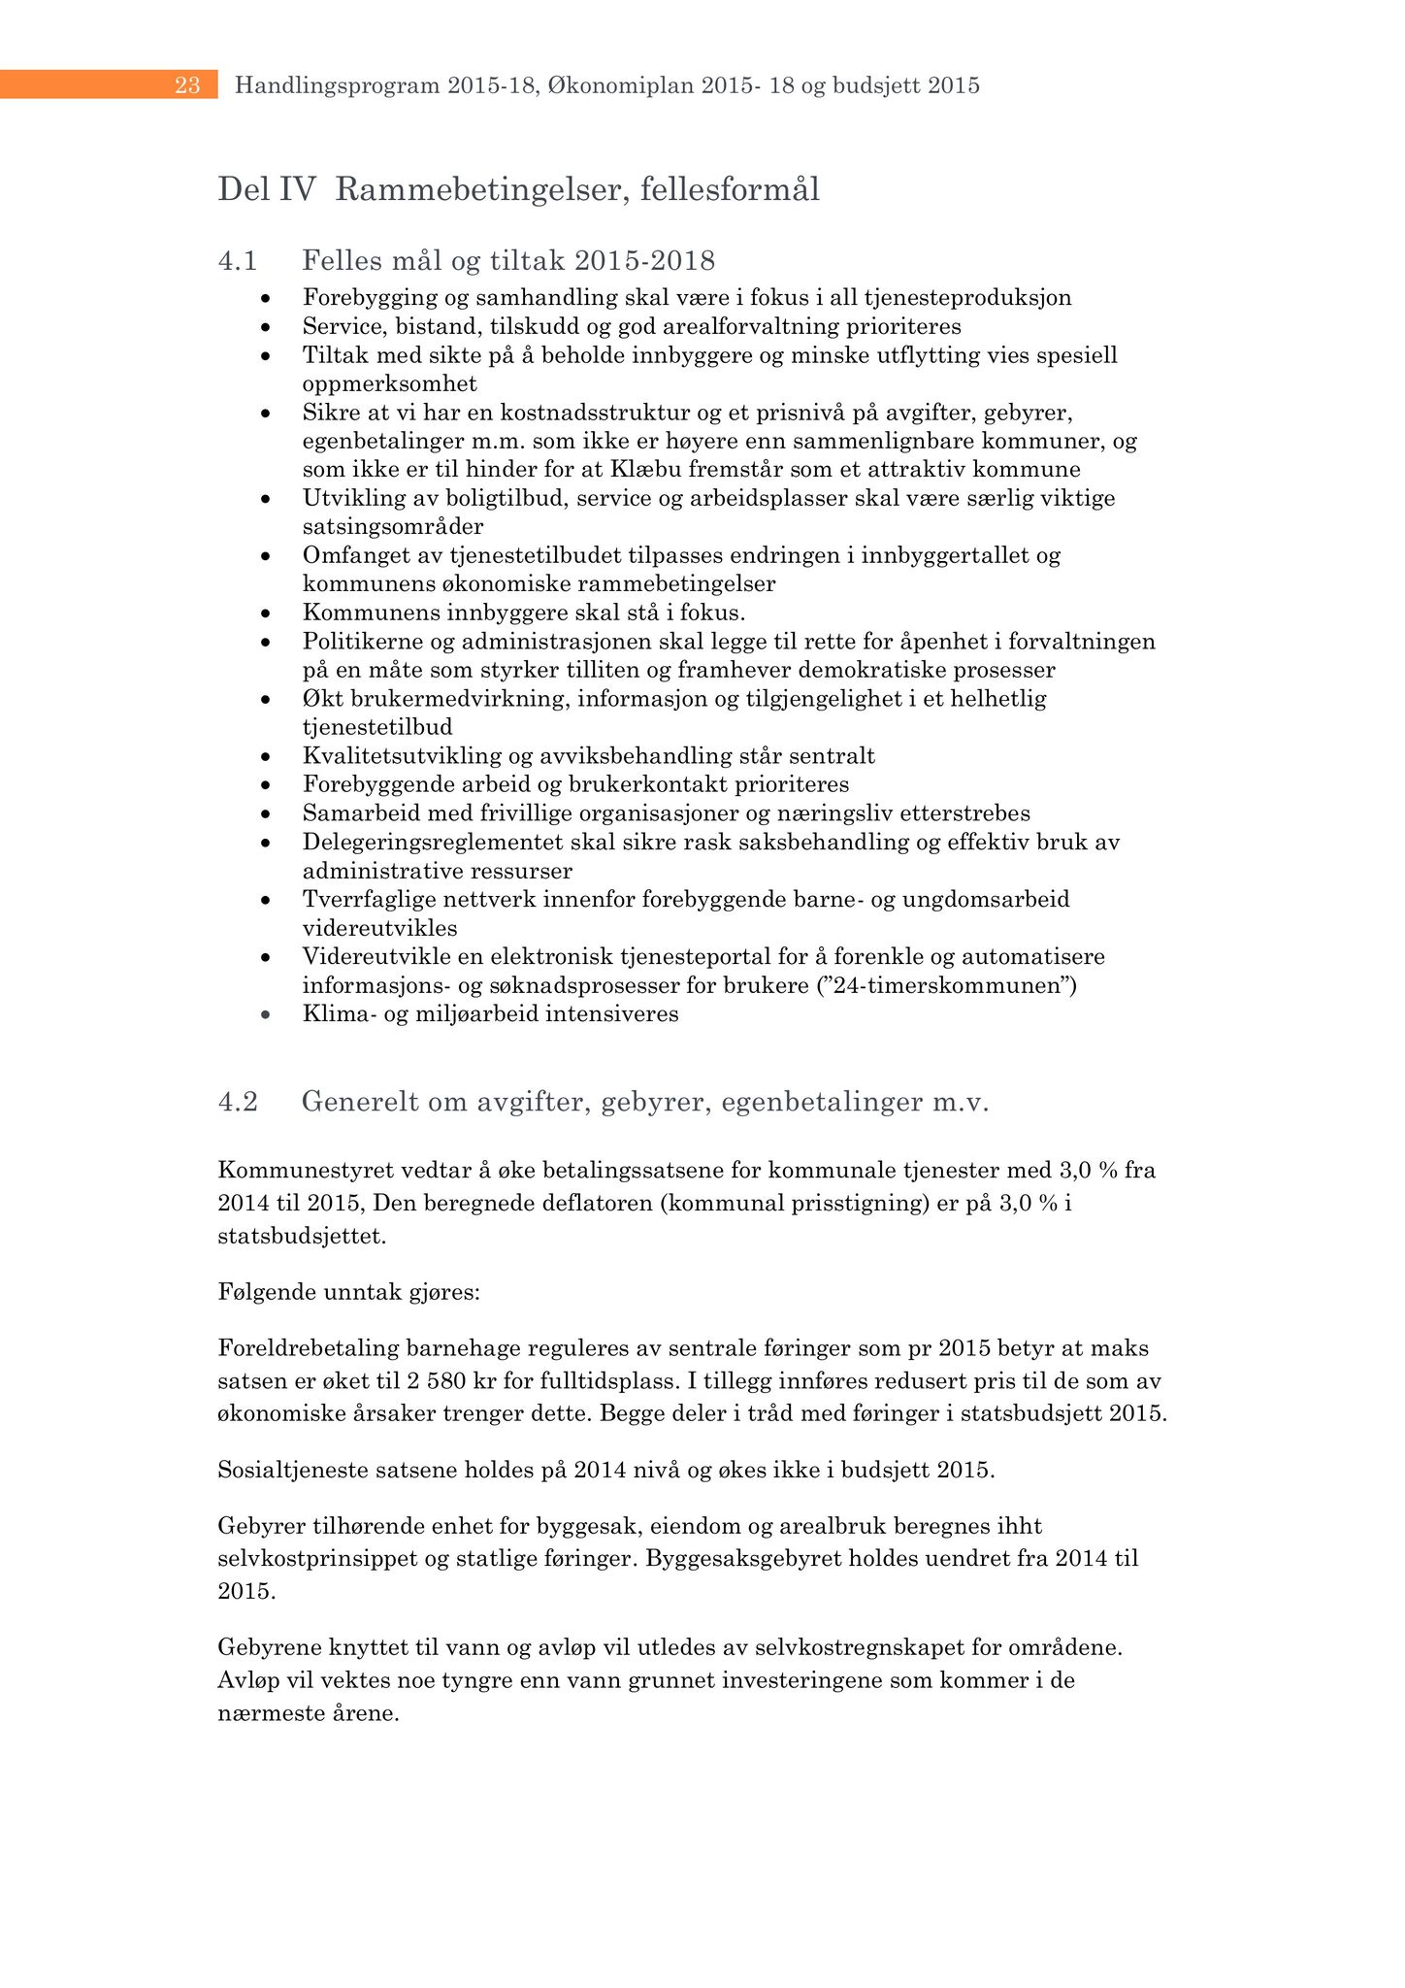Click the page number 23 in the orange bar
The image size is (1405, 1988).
click(x=187, y=86)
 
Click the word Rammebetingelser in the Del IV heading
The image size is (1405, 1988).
click(x=472, y=189)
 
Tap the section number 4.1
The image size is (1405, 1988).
click(x=238, y=260)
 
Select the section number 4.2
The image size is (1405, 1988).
click(x=238, y=1102)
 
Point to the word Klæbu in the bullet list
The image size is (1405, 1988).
click(x=641, y=470)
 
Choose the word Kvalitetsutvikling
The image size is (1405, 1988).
click(x=395, y=756)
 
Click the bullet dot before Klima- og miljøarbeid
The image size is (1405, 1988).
click(x=264, y=1015)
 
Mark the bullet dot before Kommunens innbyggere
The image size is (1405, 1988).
click(x=264, y=613)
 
